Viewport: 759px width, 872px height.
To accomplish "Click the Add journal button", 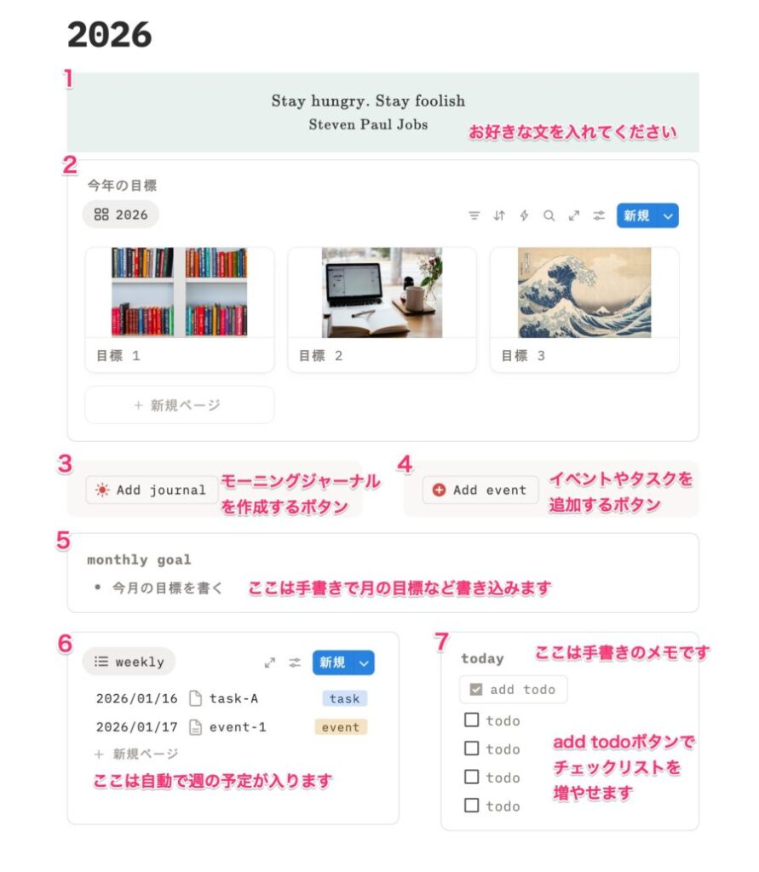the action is point(152,490).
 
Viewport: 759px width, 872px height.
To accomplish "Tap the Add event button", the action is point(480,490).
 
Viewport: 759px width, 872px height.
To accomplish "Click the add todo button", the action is point(513,690).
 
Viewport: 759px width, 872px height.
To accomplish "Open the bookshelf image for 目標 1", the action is point(179,292).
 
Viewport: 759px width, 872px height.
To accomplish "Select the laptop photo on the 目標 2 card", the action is point(382,293).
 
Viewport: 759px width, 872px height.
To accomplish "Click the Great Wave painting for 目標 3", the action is point(584,293).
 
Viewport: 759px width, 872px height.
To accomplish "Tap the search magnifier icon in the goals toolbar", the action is point(549,215).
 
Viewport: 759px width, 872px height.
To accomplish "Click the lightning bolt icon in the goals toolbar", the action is point(524,215).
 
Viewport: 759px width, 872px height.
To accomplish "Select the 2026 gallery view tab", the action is point(121,215).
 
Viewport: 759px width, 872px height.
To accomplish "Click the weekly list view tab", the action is point(129,662).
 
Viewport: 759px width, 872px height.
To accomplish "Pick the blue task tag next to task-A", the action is point(344,698).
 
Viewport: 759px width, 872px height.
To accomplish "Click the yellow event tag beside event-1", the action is point(341,727).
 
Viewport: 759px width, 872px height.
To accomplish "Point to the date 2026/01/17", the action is point(137,727).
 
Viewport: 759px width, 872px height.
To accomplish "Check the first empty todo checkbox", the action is point(471,720).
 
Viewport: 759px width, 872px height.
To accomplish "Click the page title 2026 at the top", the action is point(110,34).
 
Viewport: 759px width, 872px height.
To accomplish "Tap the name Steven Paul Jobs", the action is point(368,124).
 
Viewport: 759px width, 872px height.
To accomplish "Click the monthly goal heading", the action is point(139,560).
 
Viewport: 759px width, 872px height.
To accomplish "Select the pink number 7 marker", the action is point(441,642).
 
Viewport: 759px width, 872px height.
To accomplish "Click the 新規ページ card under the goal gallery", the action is point(179,404).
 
